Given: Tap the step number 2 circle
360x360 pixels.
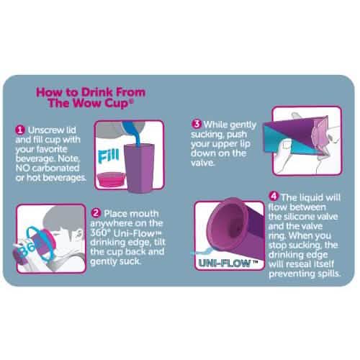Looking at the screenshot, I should [x=96, y=214].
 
